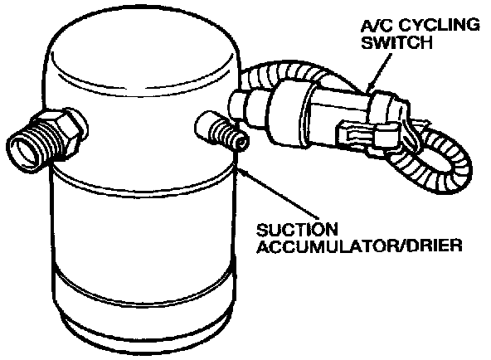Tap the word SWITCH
(396, 42)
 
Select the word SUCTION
(297, 230)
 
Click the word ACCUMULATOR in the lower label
(322, 246)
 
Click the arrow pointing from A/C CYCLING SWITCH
(380, 72)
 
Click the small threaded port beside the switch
(221, 131)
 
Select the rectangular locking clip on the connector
(370, 135)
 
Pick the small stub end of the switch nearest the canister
(239, 104)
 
